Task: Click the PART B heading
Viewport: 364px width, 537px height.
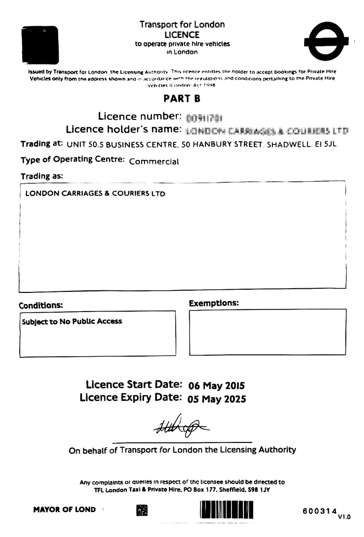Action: tap(182, 98)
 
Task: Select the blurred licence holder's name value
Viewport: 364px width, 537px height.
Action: tap(267, 130)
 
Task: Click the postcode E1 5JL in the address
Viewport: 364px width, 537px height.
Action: tap(326, 144)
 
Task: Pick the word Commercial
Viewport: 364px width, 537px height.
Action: tap(154, 161)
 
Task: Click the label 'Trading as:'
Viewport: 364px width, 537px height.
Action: tap(42, 176)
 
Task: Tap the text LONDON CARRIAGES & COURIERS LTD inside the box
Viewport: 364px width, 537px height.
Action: tap(95, 194)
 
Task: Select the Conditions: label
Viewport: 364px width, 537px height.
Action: tap(41, 305)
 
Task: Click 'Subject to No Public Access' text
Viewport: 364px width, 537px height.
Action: tap(72, 321)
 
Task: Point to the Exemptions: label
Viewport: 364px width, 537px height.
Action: tap(214, 303)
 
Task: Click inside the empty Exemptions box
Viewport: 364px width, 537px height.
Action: tap(267, 332)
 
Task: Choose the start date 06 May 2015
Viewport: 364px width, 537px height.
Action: tap(216, 386)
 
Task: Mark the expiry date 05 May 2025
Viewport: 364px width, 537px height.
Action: tap(217, 399)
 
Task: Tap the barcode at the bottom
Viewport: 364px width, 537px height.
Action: tap(226, 511)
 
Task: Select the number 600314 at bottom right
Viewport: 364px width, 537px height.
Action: tap(320, 511)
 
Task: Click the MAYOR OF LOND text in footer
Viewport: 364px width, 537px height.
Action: tap(64, 509)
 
